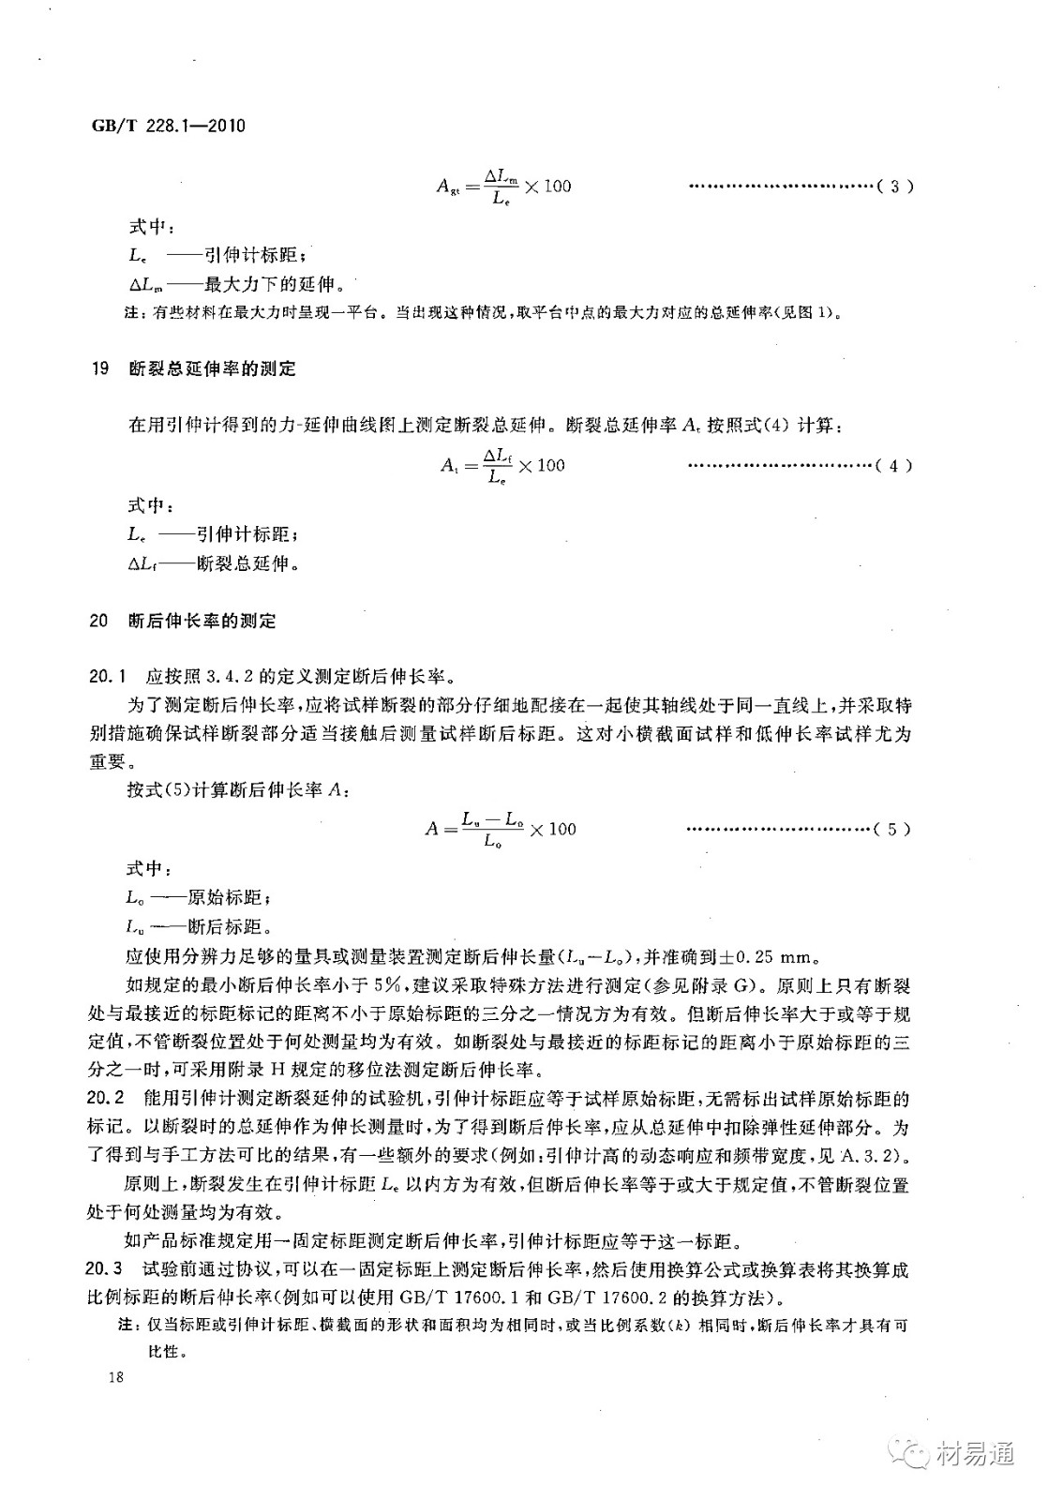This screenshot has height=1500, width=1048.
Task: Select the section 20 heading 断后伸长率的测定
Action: point(202,621)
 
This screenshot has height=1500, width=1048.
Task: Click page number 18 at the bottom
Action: point(116,1376)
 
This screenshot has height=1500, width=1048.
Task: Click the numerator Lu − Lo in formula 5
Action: point(492,818)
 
